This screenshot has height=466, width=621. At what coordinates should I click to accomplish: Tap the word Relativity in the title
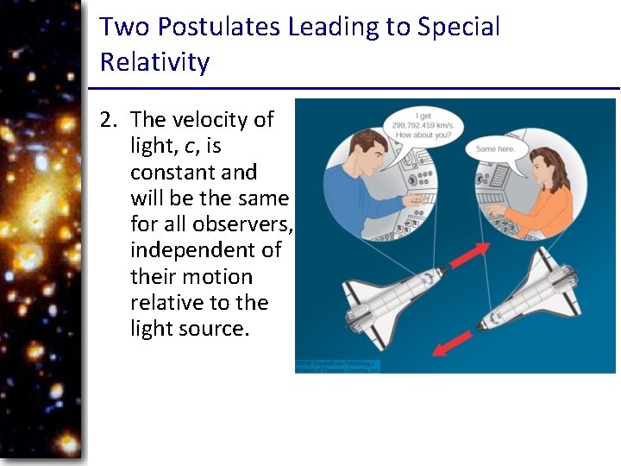pos(154,62)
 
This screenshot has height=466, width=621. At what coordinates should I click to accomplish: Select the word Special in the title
pos(458,27)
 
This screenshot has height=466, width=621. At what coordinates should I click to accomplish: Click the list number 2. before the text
pos(109,119)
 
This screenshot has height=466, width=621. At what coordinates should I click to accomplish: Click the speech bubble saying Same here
pos(495,148)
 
